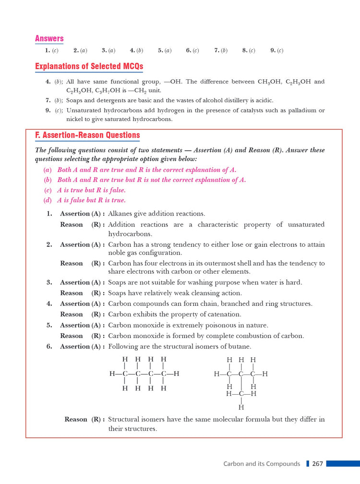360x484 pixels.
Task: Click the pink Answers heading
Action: coord(49,38)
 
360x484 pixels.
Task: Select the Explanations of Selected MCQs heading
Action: coord(89,66)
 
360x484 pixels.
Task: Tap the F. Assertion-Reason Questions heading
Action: coord(87,135)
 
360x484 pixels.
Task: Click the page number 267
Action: coord(317,464)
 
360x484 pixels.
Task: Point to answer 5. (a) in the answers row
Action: coord(164,50)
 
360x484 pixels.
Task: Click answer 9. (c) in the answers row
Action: coord(276,50)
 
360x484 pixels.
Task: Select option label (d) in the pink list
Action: coord(48,200)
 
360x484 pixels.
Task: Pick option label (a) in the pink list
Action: coord(48,170)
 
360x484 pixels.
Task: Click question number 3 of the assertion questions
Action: coord(49,282)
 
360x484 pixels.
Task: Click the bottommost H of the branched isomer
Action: coord(241,407)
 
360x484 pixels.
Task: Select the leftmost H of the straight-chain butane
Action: coord(112,374)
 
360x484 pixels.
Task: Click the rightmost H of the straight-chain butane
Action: coord(177,374)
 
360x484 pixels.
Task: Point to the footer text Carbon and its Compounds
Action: coord(262,464)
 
